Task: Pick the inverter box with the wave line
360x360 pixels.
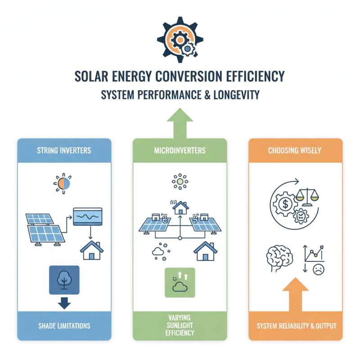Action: click(88, 217)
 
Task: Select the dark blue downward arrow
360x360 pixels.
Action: click(64, 303)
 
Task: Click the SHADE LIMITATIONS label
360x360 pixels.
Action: click(64, 325)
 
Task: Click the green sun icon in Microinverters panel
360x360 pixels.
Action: click(180, 182)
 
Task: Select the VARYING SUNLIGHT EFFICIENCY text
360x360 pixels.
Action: click(180, 325)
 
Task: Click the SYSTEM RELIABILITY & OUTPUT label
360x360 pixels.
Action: click(295, 325)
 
